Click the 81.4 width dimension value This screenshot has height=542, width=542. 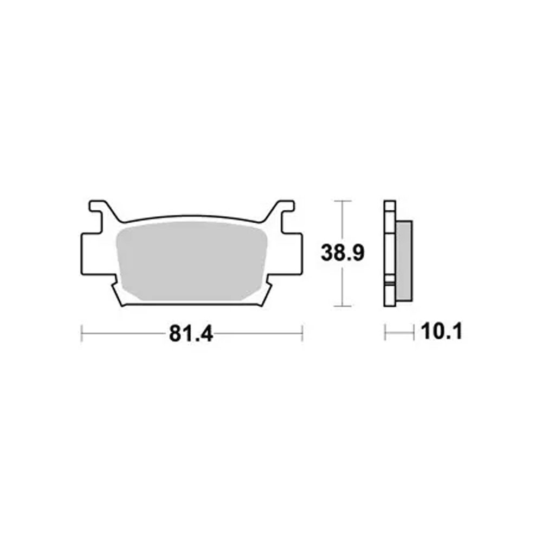191,334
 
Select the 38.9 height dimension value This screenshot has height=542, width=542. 342,253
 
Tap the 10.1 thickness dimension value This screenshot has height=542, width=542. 441,332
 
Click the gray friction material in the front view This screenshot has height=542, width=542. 191,261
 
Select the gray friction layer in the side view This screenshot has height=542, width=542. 404,261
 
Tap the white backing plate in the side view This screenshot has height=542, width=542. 390,253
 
